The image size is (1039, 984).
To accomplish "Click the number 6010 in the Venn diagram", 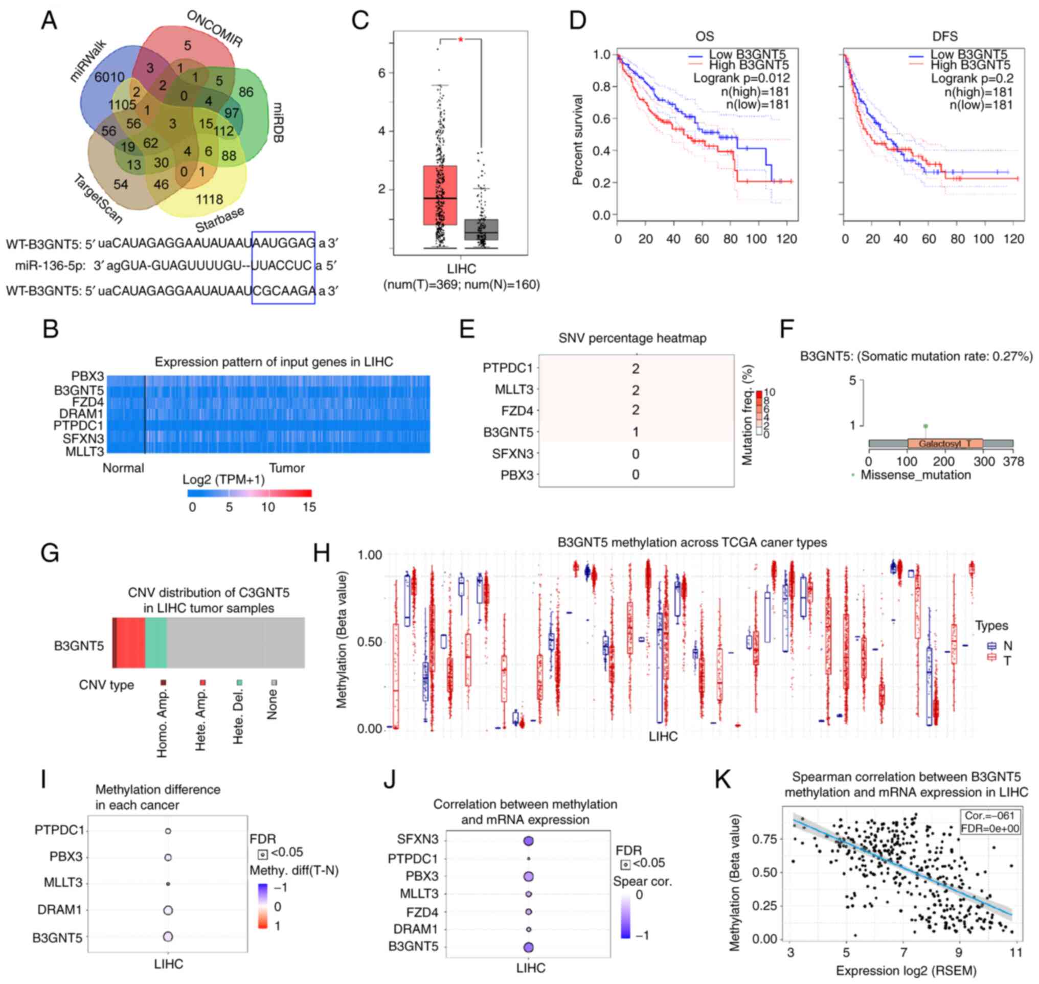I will click(x=109, y=78).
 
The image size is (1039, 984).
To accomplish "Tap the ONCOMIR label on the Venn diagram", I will click(x=215, y=29).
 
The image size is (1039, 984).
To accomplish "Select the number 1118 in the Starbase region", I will click(x=209, y=199).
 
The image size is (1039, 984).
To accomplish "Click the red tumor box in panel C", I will click(x=440, y=195).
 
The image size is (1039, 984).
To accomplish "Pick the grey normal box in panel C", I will click(x=481, y=229).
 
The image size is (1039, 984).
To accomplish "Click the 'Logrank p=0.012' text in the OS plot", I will click(x=741, y=78).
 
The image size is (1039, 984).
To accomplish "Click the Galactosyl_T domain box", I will click(x=944, y=444).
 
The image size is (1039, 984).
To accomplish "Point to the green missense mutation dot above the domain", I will click(x=925, y=426).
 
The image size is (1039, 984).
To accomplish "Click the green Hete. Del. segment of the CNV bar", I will click(x=156, y=643).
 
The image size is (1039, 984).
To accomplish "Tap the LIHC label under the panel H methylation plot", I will click(x=663, y=736).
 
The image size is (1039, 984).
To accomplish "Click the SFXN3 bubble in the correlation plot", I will click(x=528, y=841).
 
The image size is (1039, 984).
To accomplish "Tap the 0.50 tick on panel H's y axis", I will click(x=370, y=642).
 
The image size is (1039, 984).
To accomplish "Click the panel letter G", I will click(x=50, y=554).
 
